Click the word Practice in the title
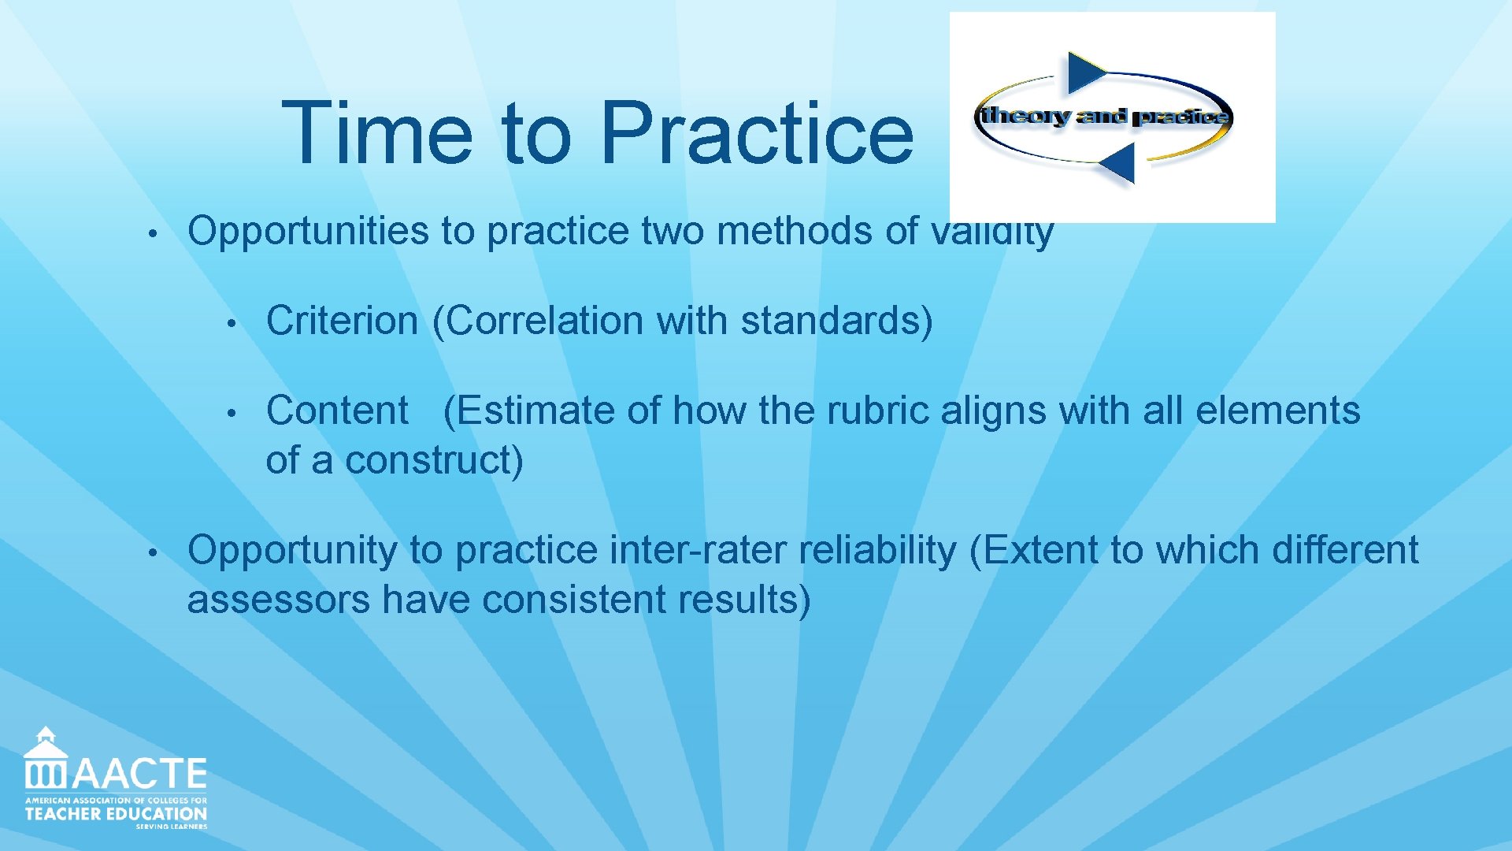click(x=756, y=134)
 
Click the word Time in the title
click(x=376, y=134)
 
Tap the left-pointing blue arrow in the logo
click(x=1118, y=164)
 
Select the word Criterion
click(x=342, y=321)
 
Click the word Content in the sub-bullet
click(x=337, y=411)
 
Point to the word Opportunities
click(x=308, y=232)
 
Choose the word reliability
click(x=876, y=550)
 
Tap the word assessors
click(x=278, y=600)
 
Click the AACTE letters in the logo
click(x=139, y=774)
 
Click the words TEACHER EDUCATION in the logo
click(x=116, y=814)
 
